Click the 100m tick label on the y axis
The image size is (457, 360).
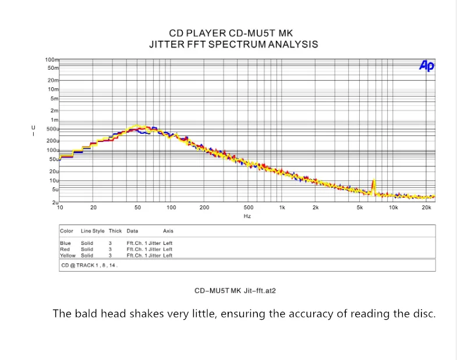pos(52,60)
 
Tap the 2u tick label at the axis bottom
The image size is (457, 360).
pos(55,202)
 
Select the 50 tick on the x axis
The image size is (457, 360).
pos(138,208)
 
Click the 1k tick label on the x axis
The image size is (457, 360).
pos(282,208)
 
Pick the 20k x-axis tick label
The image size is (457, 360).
pos(426,208)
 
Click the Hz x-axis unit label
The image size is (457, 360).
pos(247,216)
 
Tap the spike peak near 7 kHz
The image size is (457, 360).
pos(373,181)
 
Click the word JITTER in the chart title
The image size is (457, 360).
pos(168,44)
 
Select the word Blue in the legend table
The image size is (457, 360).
pos(65,243)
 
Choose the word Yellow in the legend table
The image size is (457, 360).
pos(68,255)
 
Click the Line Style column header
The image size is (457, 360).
pos(93,231)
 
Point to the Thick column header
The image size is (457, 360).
pos(115,231)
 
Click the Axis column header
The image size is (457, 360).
pos(168,231)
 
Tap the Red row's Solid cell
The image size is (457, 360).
pos(87,249)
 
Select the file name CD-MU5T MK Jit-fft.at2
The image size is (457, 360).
pos(235,290)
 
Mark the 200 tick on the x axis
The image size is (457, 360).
pos(204,208)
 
